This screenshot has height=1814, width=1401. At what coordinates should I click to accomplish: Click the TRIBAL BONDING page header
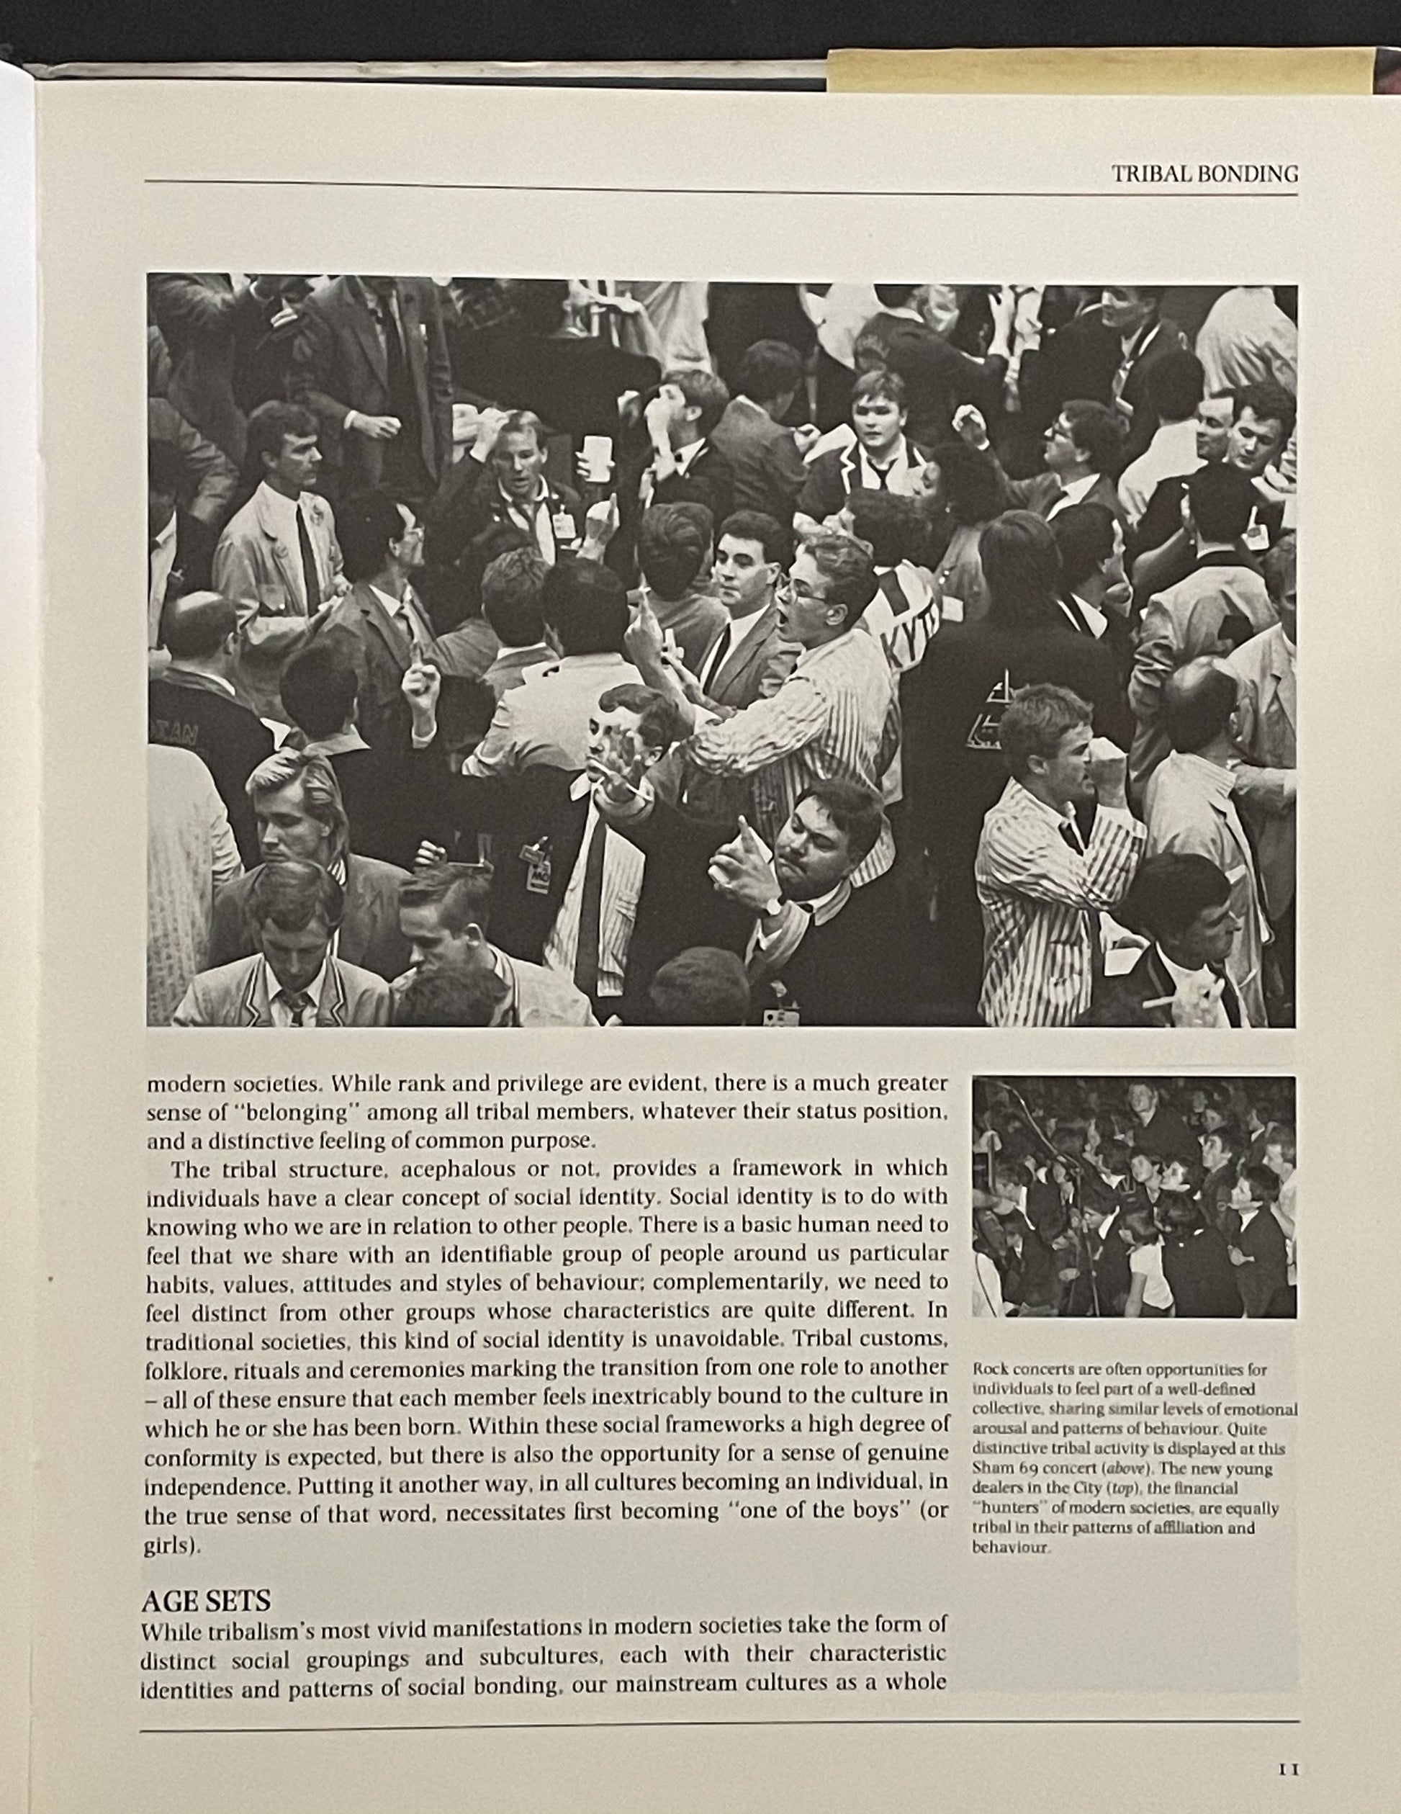(1204, 174)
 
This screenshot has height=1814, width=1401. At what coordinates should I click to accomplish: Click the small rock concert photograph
(1134, 1196)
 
